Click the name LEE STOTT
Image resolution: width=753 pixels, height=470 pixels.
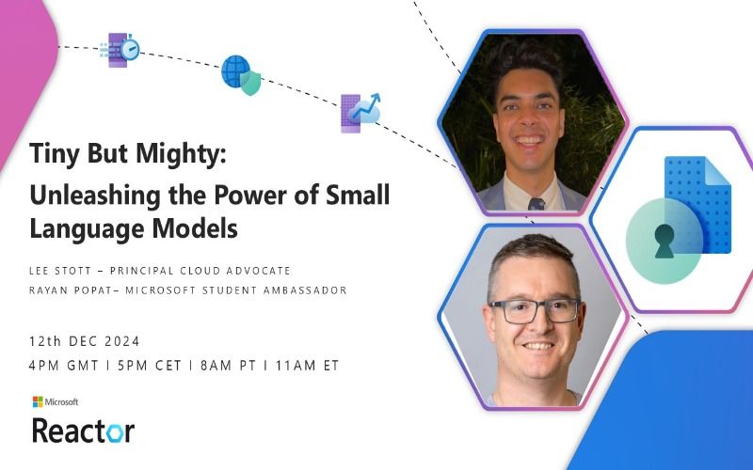pos(60,271)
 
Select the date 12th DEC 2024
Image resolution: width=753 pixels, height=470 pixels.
pos(84,341)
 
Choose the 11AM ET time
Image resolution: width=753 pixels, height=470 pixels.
pos(308,366)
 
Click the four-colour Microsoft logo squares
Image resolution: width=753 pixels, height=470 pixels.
pos(38,402)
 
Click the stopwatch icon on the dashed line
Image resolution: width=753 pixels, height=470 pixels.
pos(130,49)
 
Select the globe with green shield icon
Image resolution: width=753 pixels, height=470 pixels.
pos(241,75)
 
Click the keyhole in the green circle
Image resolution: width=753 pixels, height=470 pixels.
pos(665,241)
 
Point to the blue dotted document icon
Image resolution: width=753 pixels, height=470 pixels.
pos(698,204)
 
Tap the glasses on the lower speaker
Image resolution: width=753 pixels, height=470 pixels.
pos(534,311)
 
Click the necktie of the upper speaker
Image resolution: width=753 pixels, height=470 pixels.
pos(537,204)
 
